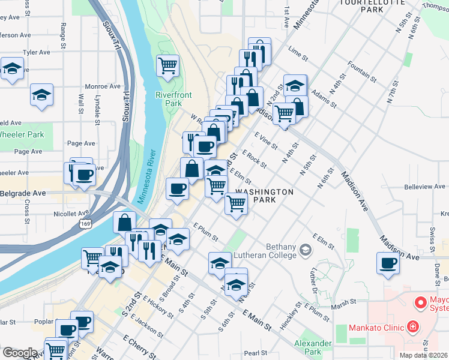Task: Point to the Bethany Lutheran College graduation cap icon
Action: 306,249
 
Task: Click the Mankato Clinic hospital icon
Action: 413,327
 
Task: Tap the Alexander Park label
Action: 313,347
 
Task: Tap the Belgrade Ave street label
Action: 23,194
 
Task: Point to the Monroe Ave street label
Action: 103,86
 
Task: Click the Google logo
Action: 19,353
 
